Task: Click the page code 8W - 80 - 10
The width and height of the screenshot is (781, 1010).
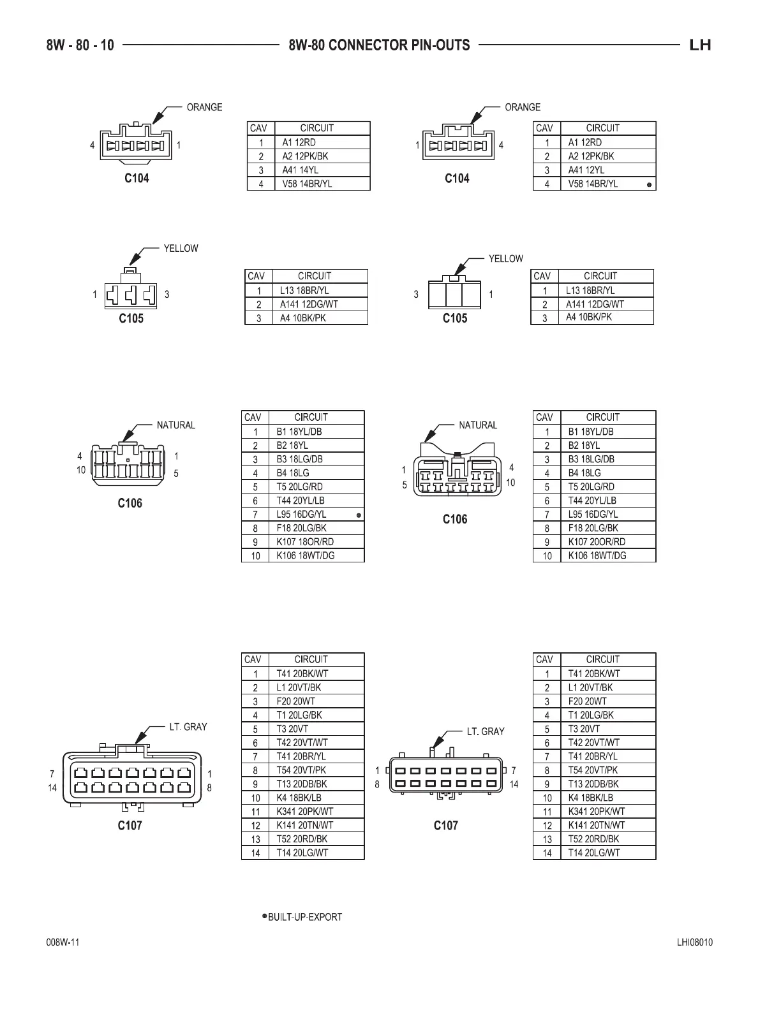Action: [80, 45]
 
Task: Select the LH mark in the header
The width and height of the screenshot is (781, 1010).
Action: [700, 45]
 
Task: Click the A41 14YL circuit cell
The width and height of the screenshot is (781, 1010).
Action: [301, 170]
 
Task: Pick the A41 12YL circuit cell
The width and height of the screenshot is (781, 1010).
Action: [586, 170]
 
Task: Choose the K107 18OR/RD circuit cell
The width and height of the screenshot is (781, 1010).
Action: [305, 541]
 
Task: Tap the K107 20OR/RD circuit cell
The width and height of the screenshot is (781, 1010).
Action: [597, 541]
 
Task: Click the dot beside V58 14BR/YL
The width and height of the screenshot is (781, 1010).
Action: [649, 185]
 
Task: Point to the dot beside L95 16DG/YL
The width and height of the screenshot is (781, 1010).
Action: [359, 515]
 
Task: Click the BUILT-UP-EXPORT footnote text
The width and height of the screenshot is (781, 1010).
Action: [305, 917]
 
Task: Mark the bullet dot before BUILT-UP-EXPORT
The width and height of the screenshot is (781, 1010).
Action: [264, 916]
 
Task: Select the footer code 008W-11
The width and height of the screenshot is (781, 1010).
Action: [63, 943]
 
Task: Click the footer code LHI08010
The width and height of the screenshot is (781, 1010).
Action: [695, 943]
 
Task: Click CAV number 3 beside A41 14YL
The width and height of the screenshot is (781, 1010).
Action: [261, 170]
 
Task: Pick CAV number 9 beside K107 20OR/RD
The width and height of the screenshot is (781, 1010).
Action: [547, 542]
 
